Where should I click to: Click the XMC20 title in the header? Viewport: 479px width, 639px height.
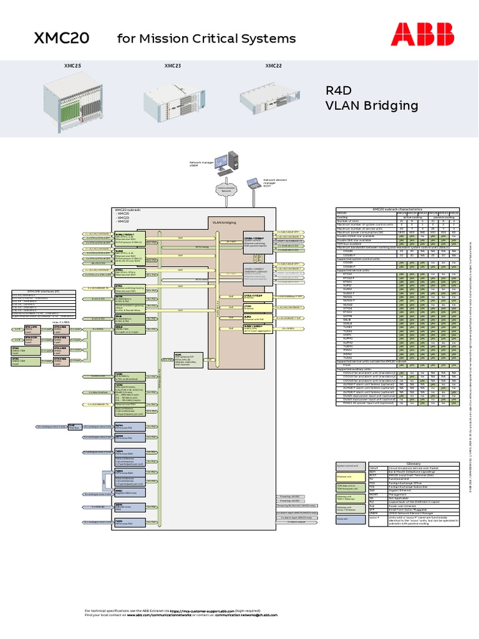coord(61,39)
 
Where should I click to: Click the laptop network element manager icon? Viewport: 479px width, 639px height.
coord(253,184)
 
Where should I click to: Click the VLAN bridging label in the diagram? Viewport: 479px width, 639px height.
coord(224,222)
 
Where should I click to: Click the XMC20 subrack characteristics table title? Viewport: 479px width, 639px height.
coord(397,209)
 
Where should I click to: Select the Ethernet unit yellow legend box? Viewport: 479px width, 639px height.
coord(347,477)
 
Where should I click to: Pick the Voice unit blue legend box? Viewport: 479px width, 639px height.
coord(347,518)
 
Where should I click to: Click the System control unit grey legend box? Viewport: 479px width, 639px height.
coord(347,466)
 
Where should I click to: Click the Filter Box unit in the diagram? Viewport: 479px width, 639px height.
coord(74,426)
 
